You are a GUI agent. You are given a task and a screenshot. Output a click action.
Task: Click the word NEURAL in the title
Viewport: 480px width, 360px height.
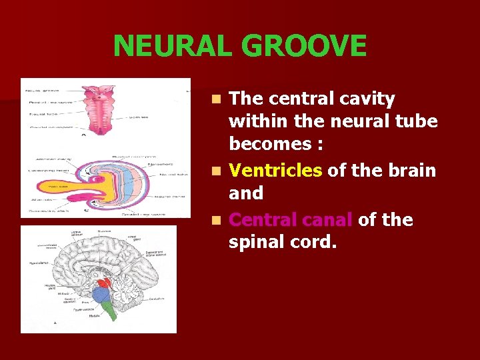click(x=174, y=46)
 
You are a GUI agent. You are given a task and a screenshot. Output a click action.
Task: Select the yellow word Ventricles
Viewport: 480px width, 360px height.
click(x=275, y=171)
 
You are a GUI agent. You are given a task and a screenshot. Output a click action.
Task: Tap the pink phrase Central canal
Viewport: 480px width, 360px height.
click(x=291, y=220)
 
